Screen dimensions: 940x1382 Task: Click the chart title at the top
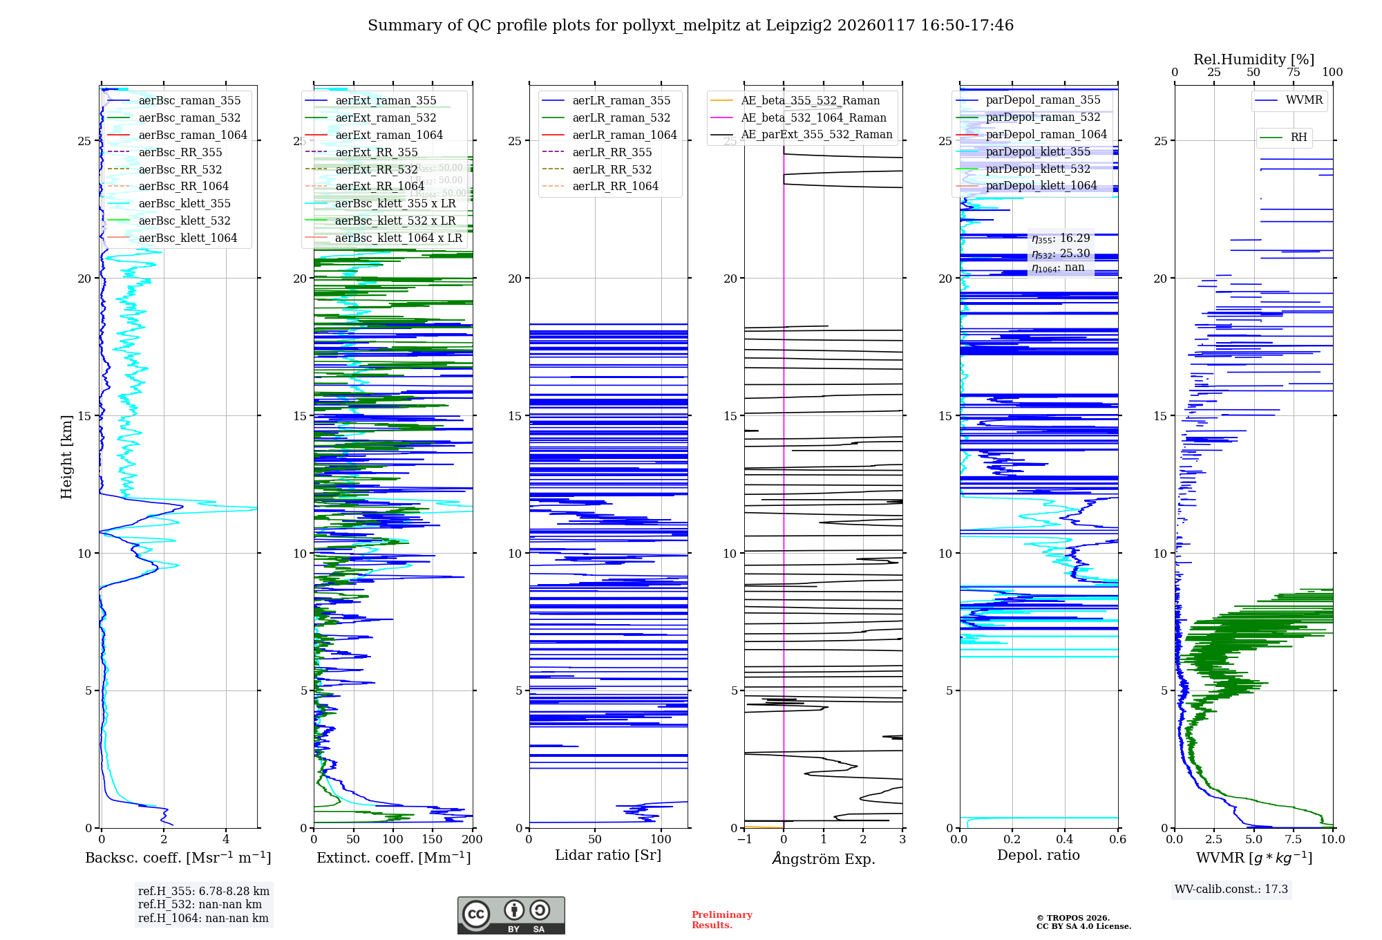[690, 26]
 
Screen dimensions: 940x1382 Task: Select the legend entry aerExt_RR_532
[376, 169]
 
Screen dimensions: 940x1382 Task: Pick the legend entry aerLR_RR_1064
[615, 186]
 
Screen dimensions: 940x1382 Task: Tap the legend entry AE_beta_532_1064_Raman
[813, 117]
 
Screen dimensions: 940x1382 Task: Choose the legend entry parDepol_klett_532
[1037, 169]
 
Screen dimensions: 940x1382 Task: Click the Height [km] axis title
[66, 457]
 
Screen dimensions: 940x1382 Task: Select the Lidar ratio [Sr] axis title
[608, 855]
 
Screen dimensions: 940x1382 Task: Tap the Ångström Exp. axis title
[824, 858]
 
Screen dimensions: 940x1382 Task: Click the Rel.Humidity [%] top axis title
[1253, 59]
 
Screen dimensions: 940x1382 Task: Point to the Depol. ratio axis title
[1038, 855]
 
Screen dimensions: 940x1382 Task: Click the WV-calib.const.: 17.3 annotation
[1231, 890]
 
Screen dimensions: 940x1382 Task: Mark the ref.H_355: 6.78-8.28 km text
[204, 892]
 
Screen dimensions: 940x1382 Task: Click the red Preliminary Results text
[721, 920]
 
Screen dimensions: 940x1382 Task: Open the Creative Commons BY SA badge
[511, 916]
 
